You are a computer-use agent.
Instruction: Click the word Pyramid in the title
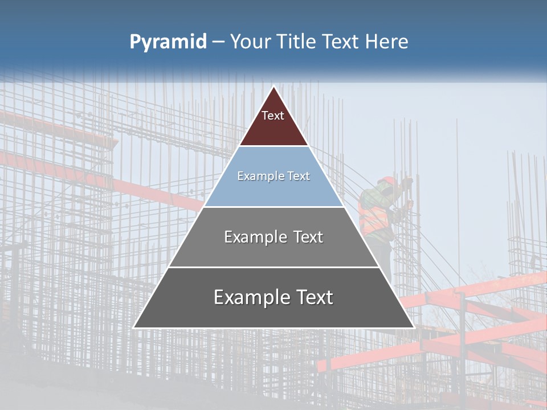click(168, 42)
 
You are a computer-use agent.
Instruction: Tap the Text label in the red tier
click(273, 116)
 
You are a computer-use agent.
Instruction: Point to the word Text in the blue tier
click(299, 176)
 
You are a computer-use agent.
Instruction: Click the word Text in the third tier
click(309, 237)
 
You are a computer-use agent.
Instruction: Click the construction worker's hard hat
click(387, 181)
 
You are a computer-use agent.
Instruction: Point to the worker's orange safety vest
click(375, 219)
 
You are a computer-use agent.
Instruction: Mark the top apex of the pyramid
click(273, 87)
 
